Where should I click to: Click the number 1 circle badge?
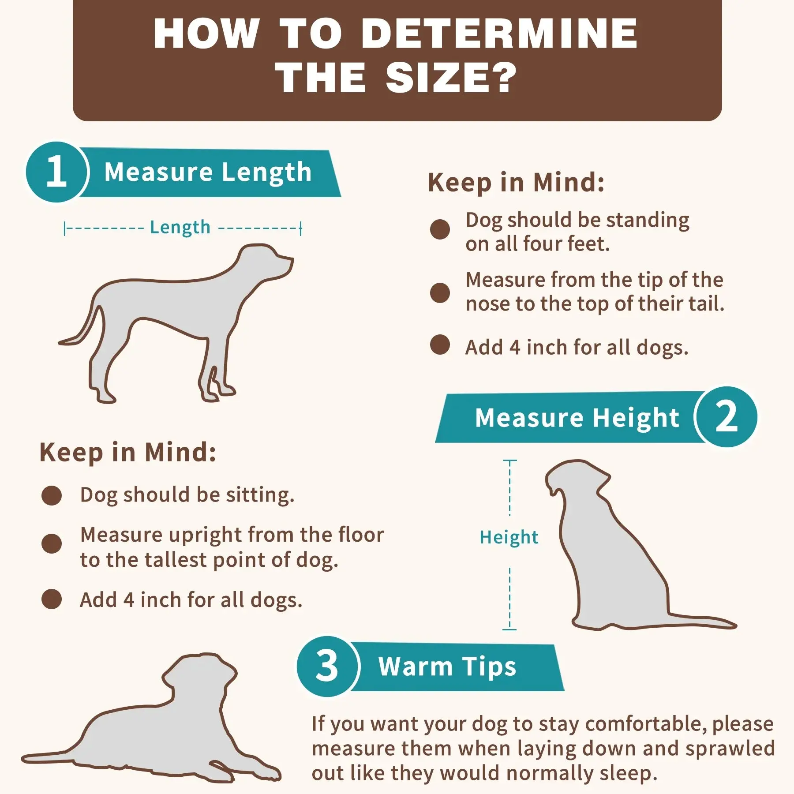(56, 172)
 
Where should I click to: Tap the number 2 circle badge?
(726, 417)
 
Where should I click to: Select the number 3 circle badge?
(327, 666)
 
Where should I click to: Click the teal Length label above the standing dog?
(180, 228)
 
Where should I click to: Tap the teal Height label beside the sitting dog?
(509, 537)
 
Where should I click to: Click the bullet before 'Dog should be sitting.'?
(52, 495)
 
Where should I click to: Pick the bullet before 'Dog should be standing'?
(440, 229)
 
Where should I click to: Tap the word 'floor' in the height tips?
(361, 535)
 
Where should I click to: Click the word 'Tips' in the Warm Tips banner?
(489, 667)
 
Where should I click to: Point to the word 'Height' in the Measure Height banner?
(636, 418)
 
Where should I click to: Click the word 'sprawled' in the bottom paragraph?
(730, 749)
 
